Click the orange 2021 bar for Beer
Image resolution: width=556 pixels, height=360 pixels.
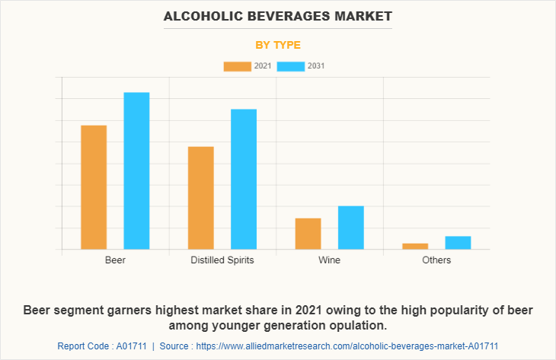(x=94, y=187)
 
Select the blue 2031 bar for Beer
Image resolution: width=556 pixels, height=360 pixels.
(x=136, y=170)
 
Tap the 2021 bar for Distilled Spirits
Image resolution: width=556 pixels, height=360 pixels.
(x=201, y=198)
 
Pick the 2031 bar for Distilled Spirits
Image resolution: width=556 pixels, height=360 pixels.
(x=244, y=179)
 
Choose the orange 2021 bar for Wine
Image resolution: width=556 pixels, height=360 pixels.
(x=308, y=234)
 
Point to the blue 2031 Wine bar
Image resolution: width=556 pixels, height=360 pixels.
(x=351, y=228)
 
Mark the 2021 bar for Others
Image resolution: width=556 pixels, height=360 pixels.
(x=415, y=246)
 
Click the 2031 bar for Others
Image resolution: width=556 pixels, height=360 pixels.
(x=458, y=242)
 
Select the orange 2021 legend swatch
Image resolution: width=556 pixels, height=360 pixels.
(x=237, y=66)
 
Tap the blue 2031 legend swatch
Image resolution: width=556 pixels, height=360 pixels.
(x=290, y=66)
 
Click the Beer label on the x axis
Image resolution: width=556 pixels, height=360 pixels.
(x=115, y=260)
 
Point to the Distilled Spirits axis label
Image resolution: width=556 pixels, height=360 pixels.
(x=222, y=260)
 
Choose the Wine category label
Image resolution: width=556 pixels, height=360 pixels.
(x=330, y=260)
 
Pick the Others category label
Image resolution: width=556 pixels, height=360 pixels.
(x=436, y=260)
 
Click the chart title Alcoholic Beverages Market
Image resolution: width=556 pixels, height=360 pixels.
(x=278, y=15)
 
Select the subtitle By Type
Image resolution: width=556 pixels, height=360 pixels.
(x=278, y=45)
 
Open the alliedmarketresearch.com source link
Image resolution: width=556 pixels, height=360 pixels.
(x=353, y=346)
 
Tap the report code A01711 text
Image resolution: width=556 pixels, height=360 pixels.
(x=102, y=346)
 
